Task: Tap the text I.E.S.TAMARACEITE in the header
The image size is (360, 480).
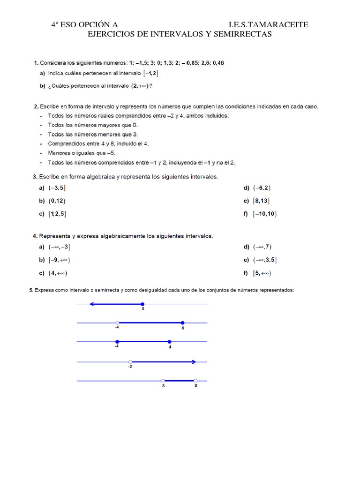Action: point(268,25)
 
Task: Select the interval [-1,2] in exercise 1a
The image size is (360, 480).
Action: point(151,73)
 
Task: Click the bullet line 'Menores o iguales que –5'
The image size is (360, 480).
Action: point(82,153)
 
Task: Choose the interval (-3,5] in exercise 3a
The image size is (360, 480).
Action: point(57,188)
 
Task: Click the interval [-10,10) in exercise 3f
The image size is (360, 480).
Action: point(265,214)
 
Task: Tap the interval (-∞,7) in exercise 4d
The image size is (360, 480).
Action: point(262,247)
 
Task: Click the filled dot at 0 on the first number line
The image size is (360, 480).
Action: point(142,304)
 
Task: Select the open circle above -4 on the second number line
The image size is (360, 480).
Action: point(117,322)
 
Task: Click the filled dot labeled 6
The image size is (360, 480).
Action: point(182,322)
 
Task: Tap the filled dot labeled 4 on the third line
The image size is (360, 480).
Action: point(170,342)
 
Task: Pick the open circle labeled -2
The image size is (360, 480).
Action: point(130,362)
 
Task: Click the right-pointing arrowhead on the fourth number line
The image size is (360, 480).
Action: point(192,362)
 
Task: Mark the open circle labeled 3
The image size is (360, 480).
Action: point(163,381)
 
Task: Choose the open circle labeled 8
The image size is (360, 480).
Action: point(195,381)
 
